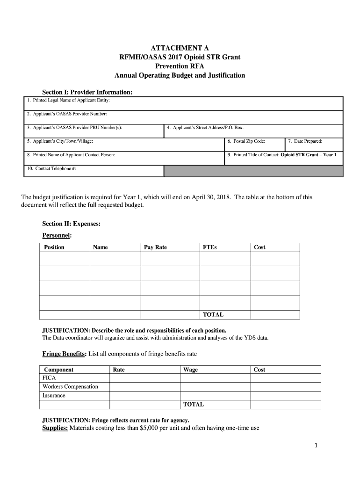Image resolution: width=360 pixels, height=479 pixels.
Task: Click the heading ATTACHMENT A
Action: pos(180,48)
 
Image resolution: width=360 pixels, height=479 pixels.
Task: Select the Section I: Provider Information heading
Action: pos(87,93)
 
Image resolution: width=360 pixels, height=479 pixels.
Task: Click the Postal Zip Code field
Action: pos(254,144)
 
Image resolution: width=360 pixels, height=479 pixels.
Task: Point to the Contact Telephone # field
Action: pos(94,171)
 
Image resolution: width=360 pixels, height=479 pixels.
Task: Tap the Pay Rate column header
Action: pos(155,247)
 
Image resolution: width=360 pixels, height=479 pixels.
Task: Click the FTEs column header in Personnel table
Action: pos(209,247)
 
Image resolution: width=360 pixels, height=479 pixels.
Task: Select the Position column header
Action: pos(54,247)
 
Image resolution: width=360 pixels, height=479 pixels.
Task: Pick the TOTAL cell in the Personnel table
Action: pos(213,315)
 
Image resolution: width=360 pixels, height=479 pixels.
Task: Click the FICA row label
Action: pos(49,378)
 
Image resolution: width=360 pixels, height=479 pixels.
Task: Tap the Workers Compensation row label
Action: pos(70,387)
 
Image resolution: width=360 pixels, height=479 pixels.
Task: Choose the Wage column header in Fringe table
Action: pos(190,370)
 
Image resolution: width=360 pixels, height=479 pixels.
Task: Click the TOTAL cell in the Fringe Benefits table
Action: pos(194,404)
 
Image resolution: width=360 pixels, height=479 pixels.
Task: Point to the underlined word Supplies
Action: pos(55,428)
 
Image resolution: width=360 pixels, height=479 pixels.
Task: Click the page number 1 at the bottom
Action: pos(316,446)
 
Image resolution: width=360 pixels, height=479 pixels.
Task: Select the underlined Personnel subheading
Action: pos(57,235)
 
